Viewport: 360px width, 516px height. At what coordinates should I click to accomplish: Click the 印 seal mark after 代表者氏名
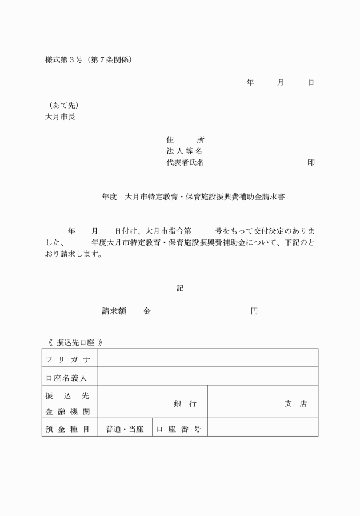pyautogui.click(x=311, y=163)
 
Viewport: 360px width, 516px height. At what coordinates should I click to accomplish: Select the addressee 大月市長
pyautogui.click(x=60, y=117)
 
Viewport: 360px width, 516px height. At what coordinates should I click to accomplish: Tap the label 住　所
pyautogui.click(x=185, y=140)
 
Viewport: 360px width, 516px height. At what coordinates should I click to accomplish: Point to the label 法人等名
pyautogui.click(x=185, y=151)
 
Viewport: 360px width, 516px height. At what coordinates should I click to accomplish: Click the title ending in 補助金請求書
pyautogui.click(x=194, y=197)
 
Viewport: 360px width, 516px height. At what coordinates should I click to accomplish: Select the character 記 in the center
pyautogui.click(x=180, y=289)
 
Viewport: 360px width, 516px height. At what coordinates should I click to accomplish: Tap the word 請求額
pyautogui.click(x=114, y=311)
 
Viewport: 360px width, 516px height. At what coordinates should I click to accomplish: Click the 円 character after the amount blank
pyautogui.click(x=254, y=311)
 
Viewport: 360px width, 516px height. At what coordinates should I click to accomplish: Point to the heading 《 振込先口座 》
pyautogui.click(x=75, y=342)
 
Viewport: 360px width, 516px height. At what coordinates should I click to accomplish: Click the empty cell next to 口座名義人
pyautogui.click(x=207, y=377)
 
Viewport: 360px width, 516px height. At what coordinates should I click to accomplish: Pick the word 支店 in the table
pyautogui.click(x=295, y=403)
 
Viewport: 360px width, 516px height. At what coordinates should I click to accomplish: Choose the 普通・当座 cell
pyautogui.click(x=124, y=429)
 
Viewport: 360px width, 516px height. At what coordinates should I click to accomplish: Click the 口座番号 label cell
pyautogui.click(x=179, y=429)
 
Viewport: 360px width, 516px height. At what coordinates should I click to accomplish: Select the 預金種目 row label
pyautogui.click(x=68, y=429)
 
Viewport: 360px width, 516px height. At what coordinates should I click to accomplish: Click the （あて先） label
pyautogui.click(x=63, y=106)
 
